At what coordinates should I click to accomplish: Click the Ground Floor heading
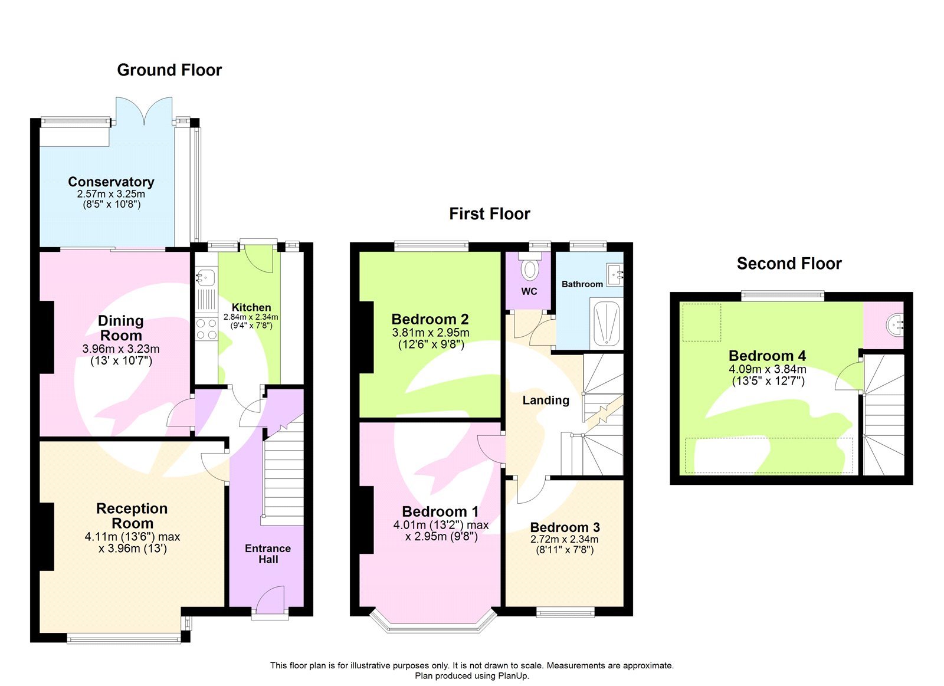[169, 70]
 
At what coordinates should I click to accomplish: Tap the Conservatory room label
[111, 182]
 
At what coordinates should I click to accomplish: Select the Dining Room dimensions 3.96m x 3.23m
[121, 349]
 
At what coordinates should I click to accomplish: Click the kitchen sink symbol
[206, 276]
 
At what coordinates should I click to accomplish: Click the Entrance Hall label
[268, 554]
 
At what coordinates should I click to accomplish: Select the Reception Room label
[132, 516]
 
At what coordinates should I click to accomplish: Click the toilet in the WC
[530, 270]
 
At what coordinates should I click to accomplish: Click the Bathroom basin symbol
[615, 274]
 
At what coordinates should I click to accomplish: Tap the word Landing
[546, 401]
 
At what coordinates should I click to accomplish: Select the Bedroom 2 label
[430, 319]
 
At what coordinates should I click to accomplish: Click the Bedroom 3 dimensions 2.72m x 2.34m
[565, 539]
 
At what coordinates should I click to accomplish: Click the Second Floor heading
[789, 264]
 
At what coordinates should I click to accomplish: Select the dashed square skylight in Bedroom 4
[702, 322]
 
